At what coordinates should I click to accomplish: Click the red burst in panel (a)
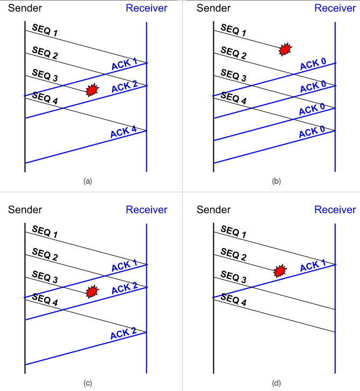pos(92,90)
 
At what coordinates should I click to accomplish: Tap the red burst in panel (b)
pos(285,49)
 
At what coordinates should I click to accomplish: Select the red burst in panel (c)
pos(92,291)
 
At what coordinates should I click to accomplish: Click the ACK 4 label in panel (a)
pos(123,131)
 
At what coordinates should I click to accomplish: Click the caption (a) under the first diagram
pos(88,182)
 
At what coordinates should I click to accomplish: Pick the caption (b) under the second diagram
pos(276,182)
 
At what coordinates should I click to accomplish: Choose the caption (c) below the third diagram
pos(88,383)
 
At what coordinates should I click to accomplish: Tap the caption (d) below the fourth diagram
pos(276,383)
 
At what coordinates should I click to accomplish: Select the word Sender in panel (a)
pos(25,8)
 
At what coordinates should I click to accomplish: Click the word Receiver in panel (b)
pos(335,8)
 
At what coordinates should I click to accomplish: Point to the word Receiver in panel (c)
pos(146,209)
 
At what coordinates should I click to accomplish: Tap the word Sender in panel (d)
pos(213,209)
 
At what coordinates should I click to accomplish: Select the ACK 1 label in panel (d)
pos(313,266)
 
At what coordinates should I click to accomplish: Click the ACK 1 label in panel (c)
pos(124,266)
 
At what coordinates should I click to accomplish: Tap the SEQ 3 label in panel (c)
pos(45,278)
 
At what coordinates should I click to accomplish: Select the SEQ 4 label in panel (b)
pos(234,99)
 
